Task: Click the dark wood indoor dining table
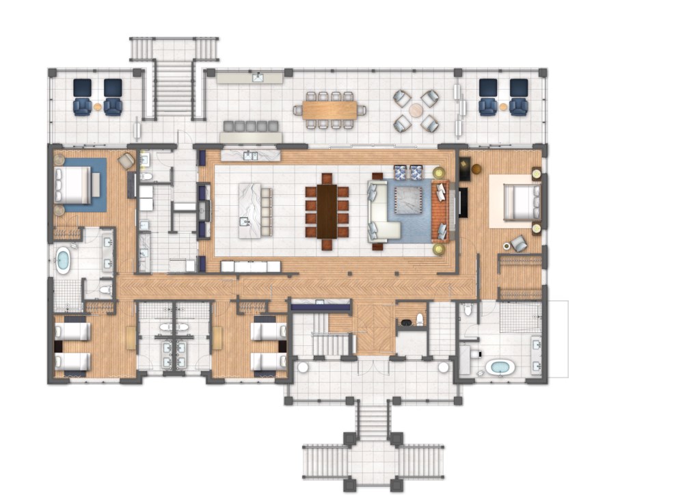(x=327, y=211)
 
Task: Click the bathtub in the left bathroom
(x=63, y=260)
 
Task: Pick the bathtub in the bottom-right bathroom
(x=501, y=367)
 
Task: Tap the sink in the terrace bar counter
(x=258, y=77)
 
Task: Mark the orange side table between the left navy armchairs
(x=98, y=107)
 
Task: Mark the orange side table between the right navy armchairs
(x=503, y=107)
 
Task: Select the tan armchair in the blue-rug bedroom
(x=126, y=161)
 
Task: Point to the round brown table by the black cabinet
(x=476, y=169)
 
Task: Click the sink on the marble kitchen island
(x=245, y=220)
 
